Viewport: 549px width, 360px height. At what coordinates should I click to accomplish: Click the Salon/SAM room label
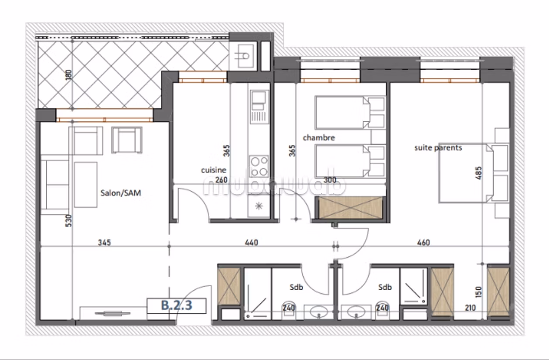[121, 193]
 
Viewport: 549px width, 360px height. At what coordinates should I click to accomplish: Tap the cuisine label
[214, 170]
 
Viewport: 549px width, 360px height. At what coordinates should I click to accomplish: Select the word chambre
[319, 137]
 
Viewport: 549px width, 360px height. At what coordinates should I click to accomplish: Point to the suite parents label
[438, 147]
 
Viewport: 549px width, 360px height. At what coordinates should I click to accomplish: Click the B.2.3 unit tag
[177, 305]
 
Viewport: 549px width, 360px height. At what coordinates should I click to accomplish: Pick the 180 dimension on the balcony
[68, 75]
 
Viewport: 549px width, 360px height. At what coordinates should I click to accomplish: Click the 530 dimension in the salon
[68, 221]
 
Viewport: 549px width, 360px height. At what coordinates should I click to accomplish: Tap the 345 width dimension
[104, 243]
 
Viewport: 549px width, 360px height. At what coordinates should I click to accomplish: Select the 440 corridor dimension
[251, 243]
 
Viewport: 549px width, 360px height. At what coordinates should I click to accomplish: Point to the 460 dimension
[423, 243]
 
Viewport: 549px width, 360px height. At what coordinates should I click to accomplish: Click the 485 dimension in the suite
[478, 173]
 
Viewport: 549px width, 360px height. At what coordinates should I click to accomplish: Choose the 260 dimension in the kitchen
[222, 180]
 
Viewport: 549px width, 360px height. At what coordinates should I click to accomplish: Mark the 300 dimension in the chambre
[330, 180]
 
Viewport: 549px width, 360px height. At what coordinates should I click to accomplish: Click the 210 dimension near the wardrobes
[470, 308]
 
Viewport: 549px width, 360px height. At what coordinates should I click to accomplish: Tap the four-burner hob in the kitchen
[259, 166]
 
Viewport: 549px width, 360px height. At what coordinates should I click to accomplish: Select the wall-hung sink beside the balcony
[243, 56]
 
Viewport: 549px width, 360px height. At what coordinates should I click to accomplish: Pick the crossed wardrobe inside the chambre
[351, 208]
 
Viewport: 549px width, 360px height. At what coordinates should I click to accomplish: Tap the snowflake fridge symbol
[259, 206]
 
